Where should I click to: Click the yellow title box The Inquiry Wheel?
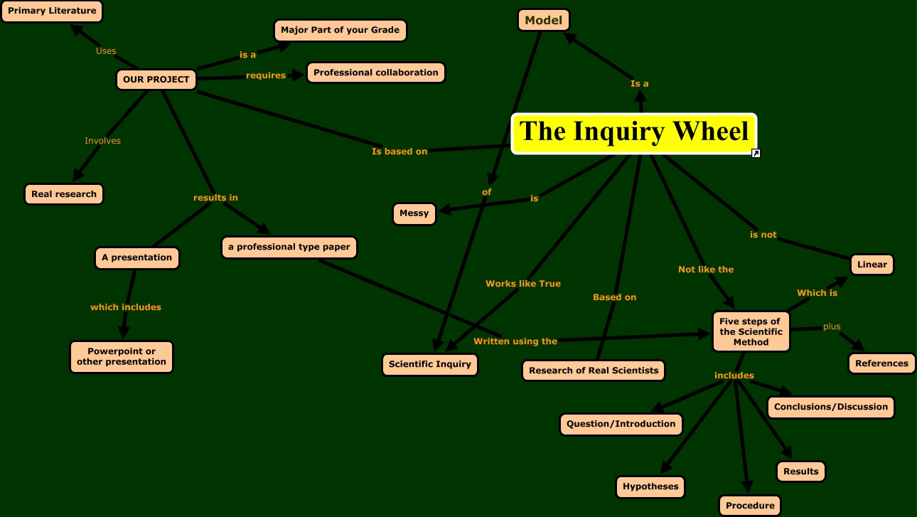[x=633, y=133]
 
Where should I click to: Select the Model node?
[x=544, y=21]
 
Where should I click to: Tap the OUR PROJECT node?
[x=156, y=80]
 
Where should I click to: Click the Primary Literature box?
[x=52, y=11]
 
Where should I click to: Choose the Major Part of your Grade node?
[x=340, y=31]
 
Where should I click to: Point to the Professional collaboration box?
[x=376, y=73]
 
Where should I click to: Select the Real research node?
[x=64, y=194]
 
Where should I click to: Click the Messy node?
[x=414, y=213]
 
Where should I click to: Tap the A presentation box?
[x=137, y=257]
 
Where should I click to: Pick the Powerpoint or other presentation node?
[x=122, y=356]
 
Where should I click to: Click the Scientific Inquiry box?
[x=430, y=364]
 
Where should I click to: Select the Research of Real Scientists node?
[x=594, y=371]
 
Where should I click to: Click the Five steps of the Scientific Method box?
[x=751, y=331]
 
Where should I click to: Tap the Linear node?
[x=872, y=265]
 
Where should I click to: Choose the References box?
[x=881, y=363]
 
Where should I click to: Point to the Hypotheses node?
[x=650, y=486]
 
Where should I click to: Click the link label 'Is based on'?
[x=399, y=151]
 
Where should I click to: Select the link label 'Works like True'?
[x=523, y=284]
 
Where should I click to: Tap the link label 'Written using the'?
[x=515, y=341]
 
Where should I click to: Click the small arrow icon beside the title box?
[x=756, y=153]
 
